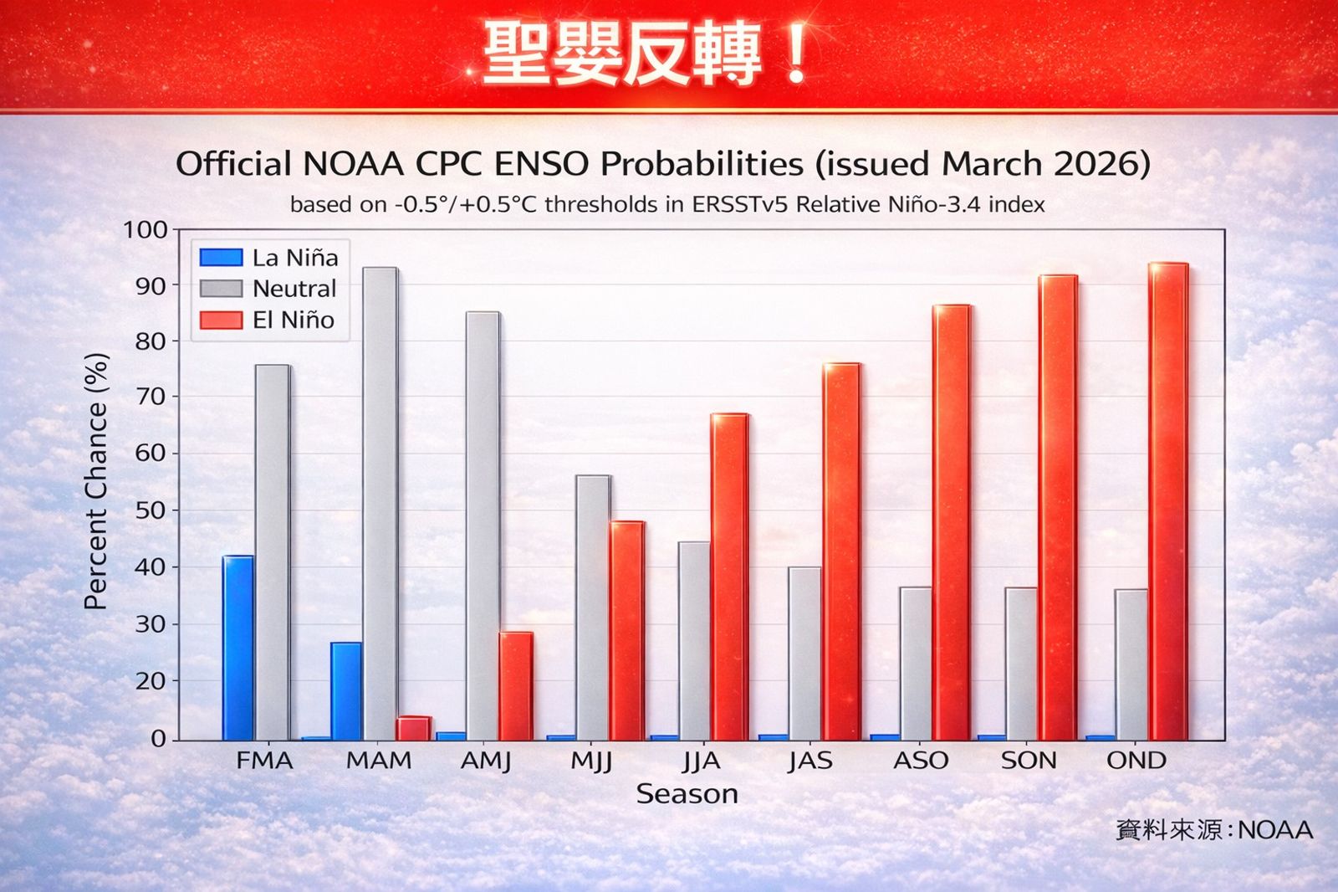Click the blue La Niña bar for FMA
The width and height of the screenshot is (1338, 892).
pyautogui.click(x=238, y=648)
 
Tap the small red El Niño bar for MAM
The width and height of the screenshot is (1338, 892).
pyautogui.click(x=413, y=728)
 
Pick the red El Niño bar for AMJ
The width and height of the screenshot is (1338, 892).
pyautogui.click(x=516, y=686)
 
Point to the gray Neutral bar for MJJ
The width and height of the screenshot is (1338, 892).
pyautogui.click(x=593, y=607)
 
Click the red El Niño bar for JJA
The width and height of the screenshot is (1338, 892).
pyautogui.click(x=729, y=577)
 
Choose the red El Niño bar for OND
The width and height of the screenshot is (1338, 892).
pyautogui.click(x=1168, y=501)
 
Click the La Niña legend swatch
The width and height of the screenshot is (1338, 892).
pyautogui.click(x=222, y=258)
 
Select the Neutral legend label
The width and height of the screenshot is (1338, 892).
pyautogui.click(x=294, y=289)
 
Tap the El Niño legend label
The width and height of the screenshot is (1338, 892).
pyautogui.click(x=294, y=320)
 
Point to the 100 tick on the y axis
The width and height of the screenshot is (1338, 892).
pyautogui.click(x=146, y=229)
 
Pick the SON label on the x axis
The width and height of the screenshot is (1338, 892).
pyautogui.click(x=1029, y=761)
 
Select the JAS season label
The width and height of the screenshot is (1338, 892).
pyautogui.click(x=810, y=761)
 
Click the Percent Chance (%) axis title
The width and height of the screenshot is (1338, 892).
pyautogui.click(x=97, y=481)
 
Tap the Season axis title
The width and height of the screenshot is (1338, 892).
pyautogui.click(x=687, y=793)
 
